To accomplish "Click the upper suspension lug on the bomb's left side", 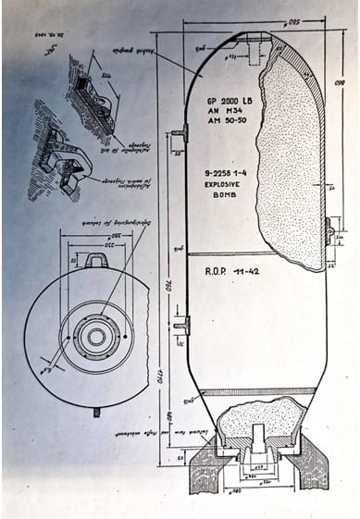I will (180, 135).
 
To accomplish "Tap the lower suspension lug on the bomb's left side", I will (180, 325).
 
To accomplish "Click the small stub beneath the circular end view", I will (95, 412).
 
